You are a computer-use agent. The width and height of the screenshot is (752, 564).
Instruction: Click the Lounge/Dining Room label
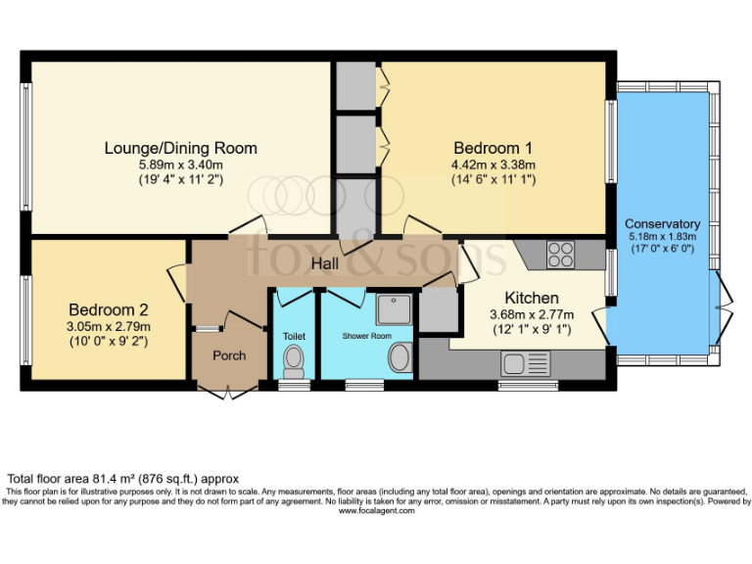click(x=181, y=148)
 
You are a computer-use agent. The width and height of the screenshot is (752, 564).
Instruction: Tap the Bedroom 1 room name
click(x=493, y=148)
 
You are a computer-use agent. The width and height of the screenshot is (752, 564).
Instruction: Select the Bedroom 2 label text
click(x=108, y=310)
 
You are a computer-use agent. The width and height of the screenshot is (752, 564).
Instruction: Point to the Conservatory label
click(x=663, y=223)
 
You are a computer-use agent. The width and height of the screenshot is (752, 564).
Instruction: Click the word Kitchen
click(x=532, y=298)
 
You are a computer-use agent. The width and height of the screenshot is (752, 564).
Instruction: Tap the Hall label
click(x=326, y=264)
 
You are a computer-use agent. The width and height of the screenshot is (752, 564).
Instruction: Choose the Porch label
click(x=229, y=355)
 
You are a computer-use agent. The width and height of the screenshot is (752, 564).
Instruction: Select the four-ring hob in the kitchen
click(x=560, y=254)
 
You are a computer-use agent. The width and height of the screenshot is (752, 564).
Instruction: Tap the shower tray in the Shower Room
click(x=396, y=309)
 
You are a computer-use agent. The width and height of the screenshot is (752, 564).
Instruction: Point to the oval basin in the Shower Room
click(x=399, y=358)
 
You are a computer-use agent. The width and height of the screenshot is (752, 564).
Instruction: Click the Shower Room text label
click(x=367, y=336)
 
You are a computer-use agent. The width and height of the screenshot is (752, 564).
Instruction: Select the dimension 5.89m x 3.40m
click(x=181, y=164)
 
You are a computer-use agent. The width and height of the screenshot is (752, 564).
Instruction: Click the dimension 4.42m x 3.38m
click(x=493, y=164)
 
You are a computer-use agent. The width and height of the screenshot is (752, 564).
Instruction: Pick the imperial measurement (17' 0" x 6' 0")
click(x=663, y=250)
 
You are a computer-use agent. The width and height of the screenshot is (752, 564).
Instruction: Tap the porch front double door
click(x=228, y=392)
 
